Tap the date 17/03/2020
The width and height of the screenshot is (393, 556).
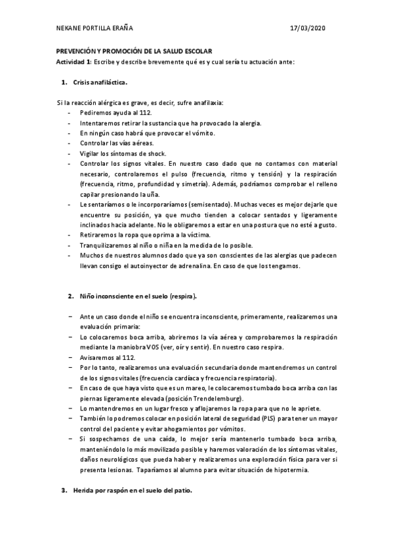tap(307, 28)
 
